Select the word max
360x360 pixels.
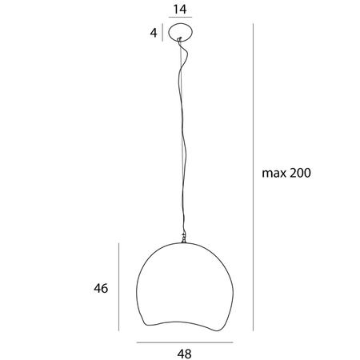click(274, 173)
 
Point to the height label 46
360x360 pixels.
click(100, 288)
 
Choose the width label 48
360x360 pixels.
click(183, 351)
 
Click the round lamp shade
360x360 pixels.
click(183, 280)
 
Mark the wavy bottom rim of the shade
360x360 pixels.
click(183, 320)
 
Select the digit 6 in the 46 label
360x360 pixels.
click(104, 288)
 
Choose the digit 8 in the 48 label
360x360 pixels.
click(188, 351)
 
